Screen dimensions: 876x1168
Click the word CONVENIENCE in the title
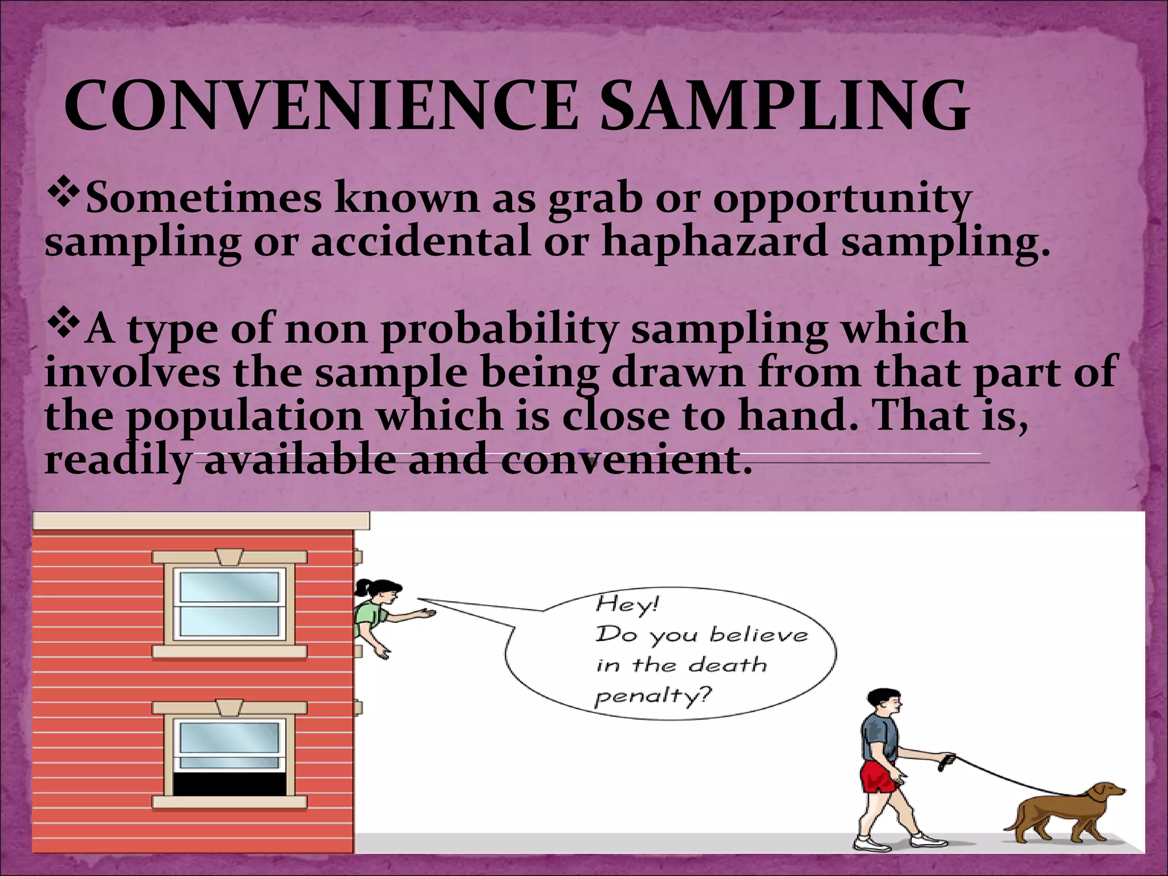pos(319,107)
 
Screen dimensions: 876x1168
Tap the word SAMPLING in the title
pos(784,107)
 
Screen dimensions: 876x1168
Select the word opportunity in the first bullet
pos(842,200)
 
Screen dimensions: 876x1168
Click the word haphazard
pos(714,242)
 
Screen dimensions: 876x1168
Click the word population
pos(244,417)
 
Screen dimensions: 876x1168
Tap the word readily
pos(117,460)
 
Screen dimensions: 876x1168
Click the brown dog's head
pos(1105,793)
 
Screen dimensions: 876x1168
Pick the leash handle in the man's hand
pos(947,759)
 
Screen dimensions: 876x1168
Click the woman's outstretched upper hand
pos(426,614)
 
